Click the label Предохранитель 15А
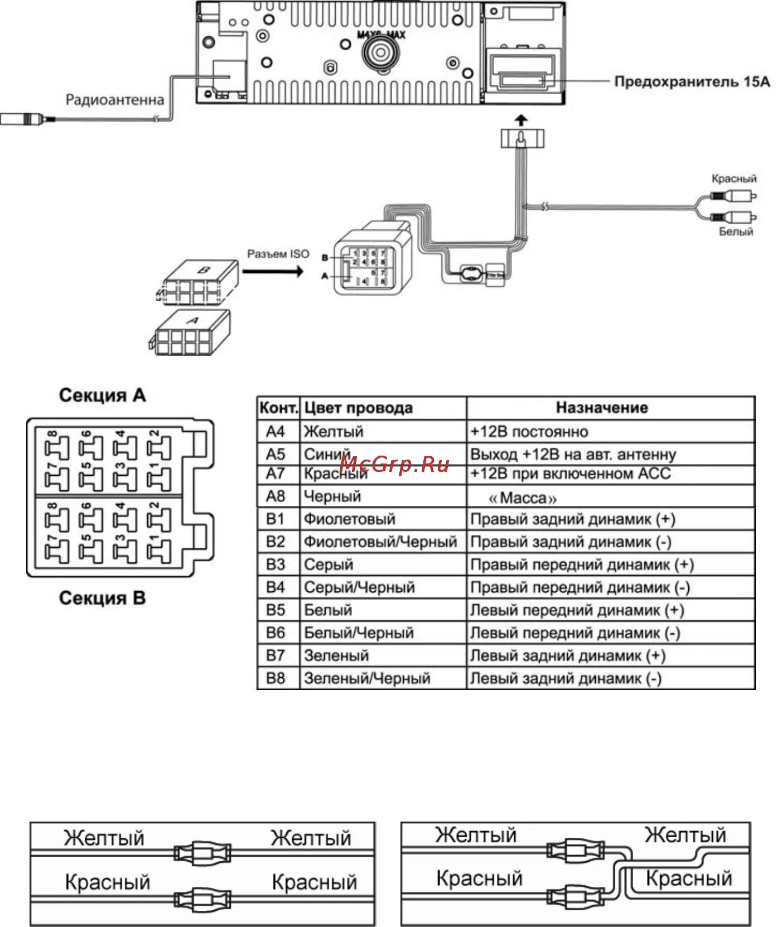(x=692, y=82)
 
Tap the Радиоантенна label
(x=115, y=100)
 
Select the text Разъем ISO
(x=278, y=254)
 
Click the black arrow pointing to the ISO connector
(x=273, y=272)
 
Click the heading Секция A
(x=102, y=395)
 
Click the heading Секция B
(x=102, y=598)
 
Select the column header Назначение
(x=602, y=408)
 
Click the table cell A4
(x=276, y=431)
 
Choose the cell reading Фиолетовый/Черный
(x=380, y=542)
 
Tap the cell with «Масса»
(x=522, y=497)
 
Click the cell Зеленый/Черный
(x=367, y=678)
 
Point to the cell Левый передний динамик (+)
(x=577, y=610)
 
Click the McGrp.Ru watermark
(x=394, y=465)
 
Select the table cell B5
(x=276, y=610)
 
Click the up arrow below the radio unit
(x=521, y=119)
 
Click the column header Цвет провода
(x=358, y=408)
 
